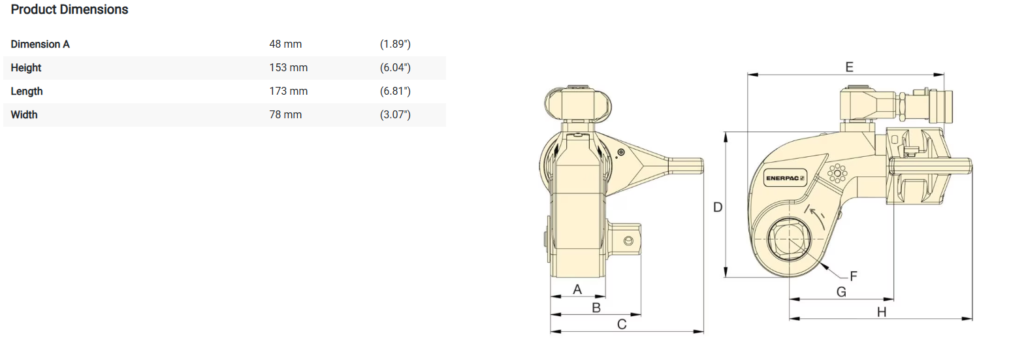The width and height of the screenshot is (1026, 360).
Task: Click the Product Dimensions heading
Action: (69, 10)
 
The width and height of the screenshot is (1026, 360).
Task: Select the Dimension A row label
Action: (40, 44)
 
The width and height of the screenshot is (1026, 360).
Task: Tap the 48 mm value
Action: (285, 44)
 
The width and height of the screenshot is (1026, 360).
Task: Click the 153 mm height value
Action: (288, 68)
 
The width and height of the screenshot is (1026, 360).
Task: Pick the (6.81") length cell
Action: (395, 91)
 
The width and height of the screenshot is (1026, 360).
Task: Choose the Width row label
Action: (24, 114)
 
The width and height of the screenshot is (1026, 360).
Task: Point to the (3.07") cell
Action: (395, 114)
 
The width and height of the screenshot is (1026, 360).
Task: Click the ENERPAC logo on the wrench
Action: (785, 178)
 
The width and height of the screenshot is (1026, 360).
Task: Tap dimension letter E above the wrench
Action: (849, 67)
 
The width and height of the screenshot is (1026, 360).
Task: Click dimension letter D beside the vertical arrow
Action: (718, 208)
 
